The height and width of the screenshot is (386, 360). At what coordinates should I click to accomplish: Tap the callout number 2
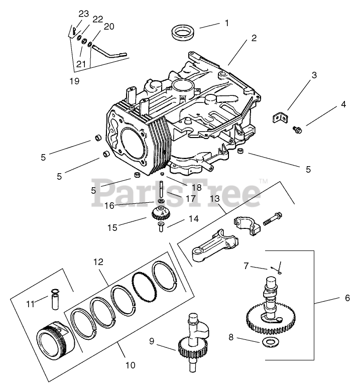(x=254, y=38)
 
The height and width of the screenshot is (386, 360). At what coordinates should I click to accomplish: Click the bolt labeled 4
(x=297, y=130)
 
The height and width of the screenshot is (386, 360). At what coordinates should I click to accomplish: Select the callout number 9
(x=151, y=341)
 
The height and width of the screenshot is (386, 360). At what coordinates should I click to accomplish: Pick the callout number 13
(x=215, y=199)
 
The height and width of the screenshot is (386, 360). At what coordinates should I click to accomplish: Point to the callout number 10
(x=130, y=365)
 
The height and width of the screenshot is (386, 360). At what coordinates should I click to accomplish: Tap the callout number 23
(x=83, y=13)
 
